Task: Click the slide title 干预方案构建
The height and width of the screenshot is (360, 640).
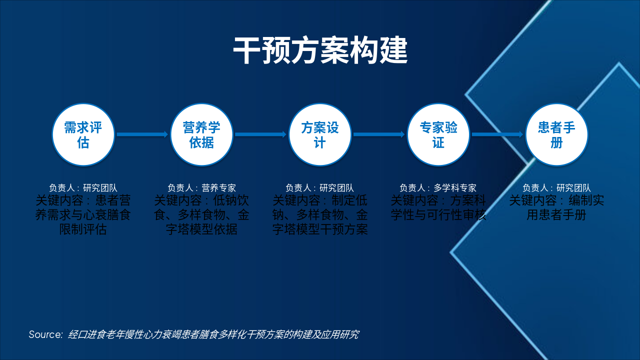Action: tap(320, 50)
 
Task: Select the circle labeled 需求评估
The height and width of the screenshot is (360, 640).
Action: tap(83, 134)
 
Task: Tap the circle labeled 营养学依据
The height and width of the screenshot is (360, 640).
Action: tap(201, 134)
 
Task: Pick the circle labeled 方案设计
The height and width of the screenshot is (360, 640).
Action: tap(320, 134)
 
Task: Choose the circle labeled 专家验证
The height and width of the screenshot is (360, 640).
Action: tap(438, 134)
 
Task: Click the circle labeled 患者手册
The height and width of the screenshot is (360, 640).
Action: tap(556, 134)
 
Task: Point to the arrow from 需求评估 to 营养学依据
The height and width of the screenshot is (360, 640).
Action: tap(142, 134)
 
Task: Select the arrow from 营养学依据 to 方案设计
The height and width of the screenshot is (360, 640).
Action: tap(260, 134)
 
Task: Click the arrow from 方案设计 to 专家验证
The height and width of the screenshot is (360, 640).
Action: tap(378, 134)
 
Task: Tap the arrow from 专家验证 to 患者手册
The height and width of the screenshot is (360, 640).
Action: tap(497, 134)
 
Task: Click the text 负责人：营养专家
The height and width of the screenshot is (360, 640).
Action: tap(201, 188)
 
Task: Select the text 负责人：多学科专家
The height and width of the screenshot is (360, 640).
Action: tap(438, 188)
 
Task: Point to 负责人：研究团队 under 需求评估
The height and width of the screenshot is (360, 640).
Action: tap(83, 188)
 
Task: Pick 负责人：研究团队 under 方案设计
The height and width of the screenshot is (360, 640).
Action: tap(320, 188)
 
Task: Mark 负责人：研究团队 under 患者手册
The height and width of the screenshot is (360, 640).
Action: tap(556, 188)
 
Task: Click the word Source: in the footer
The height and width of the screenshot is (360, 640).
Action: tap(45, 334)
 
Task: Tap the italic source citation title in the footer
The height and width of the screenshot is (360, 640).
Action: tap(213, 334)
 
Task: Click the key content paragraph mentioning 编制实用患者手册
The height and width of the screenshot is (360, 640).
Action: tap(556, 208)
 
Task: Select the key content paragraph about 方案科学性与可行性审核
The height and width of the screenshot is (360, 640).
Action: tap(438, 208)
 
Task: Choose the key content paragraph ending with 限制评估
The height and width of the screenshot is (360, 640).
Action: tap(83, 215)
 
